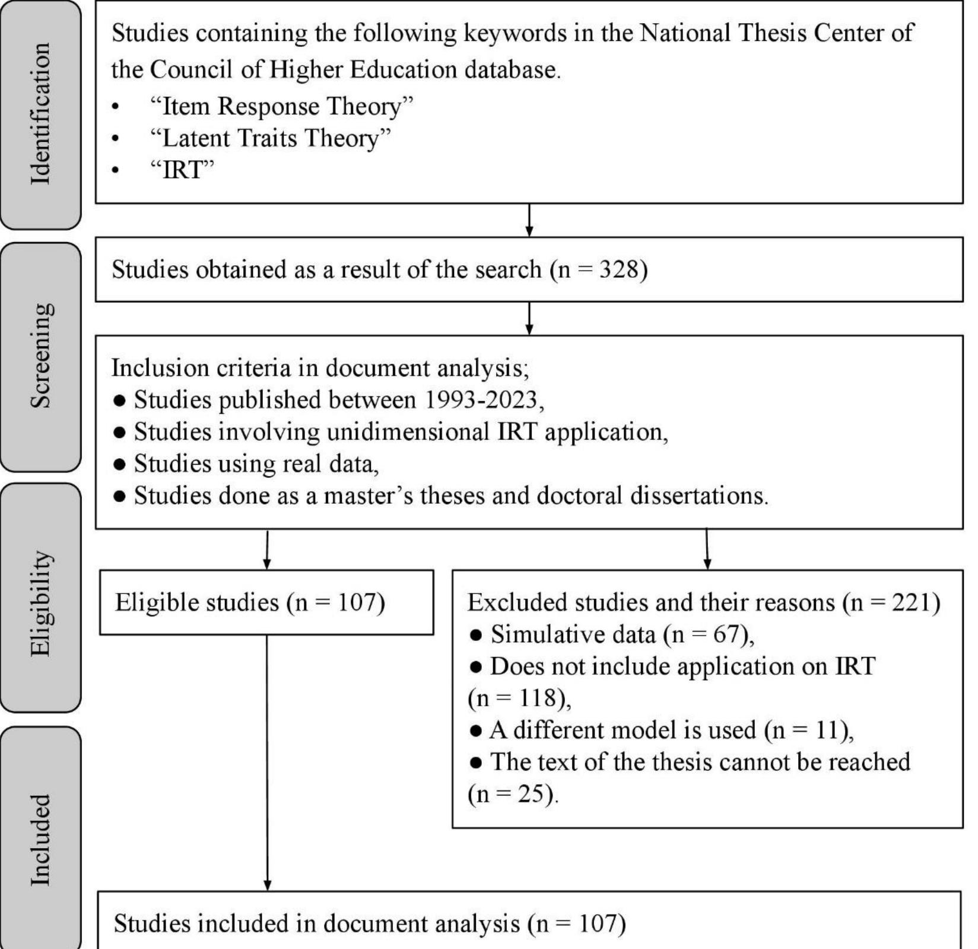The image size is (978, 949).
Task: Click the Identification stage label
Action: [40, 114]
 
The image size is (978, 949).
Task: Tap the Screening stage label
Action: [40, 356]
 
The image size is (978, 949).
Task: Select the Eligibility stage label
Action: [40, 603]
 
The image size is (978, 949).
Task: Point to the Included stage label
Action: [40, 840]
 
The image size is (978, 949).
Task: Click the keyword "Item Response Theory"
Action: [281, 107]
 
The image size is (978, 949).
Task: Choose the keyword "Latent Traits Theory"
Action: [271, 138]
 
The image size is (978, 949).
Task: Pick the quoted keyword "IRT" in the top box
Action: [182, 170]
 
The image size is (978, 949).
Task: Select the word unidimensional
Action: [408, 432]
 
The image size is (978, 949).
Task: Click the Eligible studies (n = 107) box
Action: [266, 602]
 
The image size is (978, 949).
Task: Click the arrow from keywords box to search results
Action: [529, 220]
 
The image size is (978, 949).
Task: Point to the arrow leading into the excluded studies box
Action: [707, 549]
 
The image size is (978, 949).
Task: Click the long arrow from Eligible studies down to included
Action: [267, 763]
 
